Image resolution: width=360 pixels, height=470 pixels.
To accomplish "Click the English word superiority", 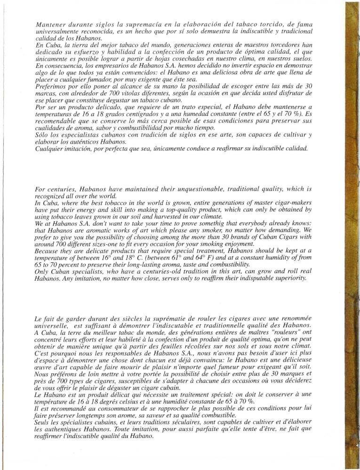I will click(301, 278).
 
